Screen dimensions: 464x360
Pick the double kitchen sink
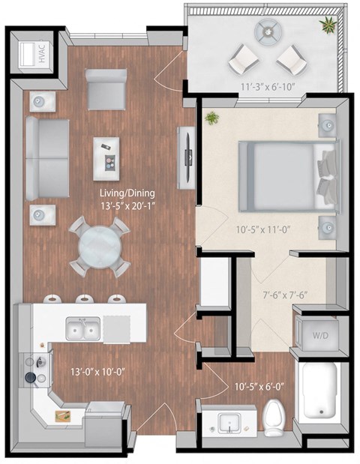click(x=83, y=329)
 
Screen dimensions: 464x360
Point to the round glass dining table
click(x=98, y=246)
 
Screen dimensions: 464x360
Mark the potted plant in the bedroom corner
click(x=212, y=118)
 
